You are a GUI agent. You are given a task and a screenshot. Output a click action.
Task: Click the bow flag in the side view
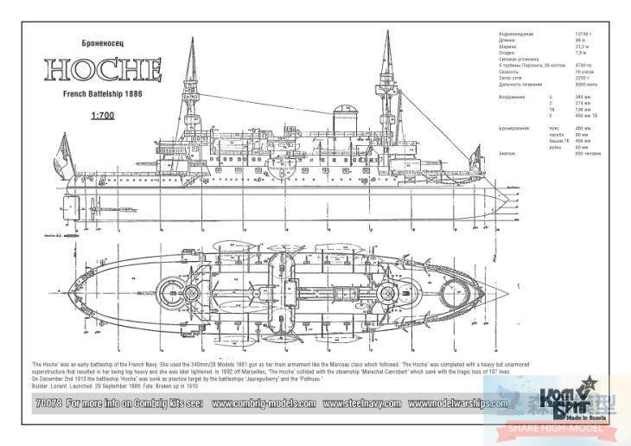pos(474,156)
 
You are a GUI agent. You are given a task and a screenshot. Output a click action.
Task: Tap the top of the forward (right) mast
pos(388,35)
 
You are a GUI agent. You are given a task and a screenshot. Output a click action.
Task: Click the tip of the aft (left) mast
pos(191,38)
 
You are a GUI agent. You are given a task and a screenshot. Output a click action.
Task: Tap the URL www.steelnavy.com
pos(362,403)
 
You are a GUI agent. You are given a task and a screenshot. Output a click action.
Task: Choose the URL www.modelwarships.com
pos(458,403)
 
